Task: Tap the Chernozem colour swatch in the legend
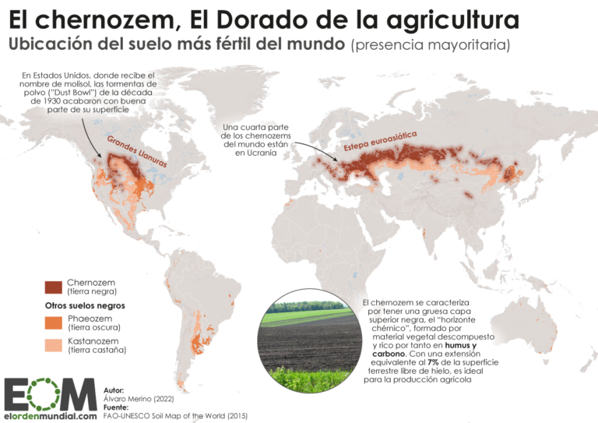click(54, 286)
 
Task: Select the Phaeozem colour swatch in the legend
click(54, 323)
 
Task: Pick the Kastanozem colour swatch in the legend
click(54, 345)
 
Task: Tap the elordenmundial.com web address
click(49, 417)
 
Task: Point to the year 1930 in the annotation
click(61, 101)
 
